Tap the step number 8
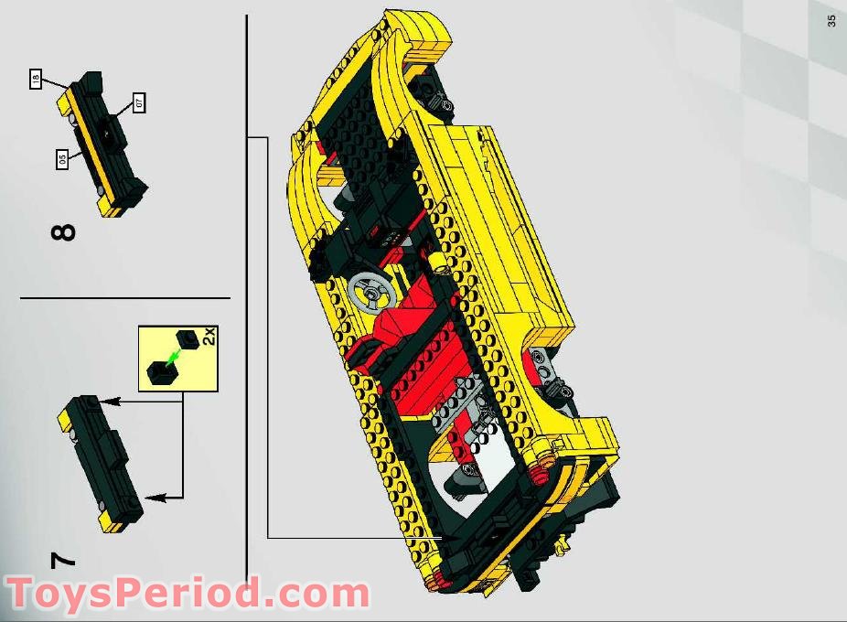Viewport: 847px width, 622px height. (x=63, y=231)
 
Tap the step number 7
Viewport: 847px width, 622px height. (x=62, y=560)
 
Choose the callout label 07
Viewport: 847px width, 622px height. (x=139, y=102)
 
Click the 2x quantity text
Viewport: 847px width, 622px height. (x=208, y=336)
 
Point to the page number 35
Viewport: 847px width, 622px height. (x=831, y=20)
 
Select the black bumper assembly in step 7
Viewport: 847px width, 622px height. (x=101, y=462)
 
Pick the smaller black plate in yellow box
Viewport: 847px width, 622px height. (x=189, y=339)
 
